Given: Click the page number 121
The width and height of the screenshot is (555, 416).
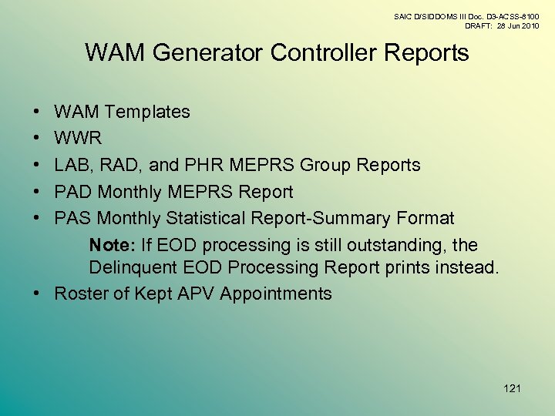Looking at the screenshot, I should (x=512, y=388).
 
